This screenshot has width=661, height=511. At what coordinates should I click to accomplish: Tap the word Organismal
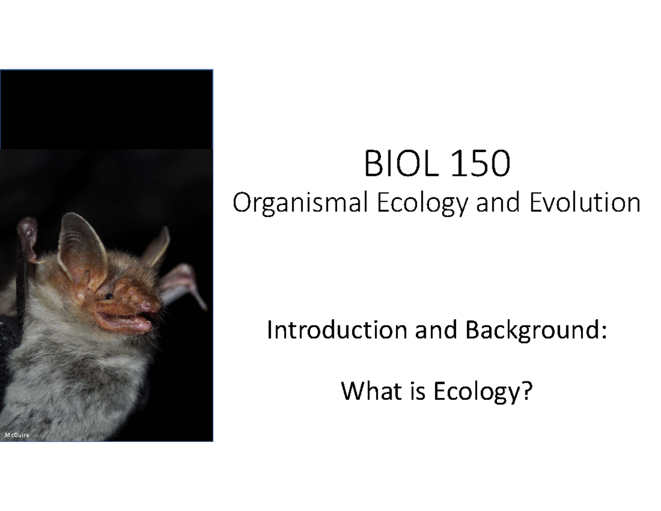click(300, 203)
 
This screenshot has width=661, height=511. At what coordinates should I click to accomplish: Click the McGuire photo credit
click(17, 435)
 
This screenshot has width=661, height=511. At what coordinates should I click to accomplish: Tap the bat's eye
click(109, 297)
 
